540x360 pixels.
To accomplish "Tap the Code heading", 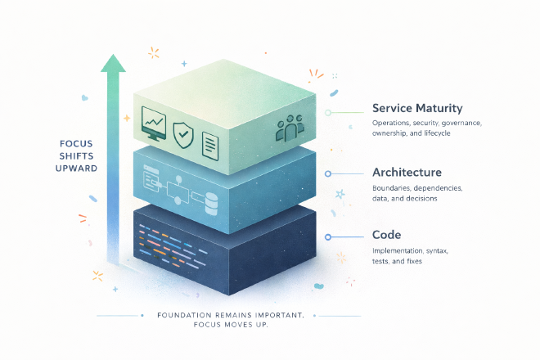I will pos(386,234).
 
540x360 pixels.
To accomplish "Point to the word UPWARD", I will pos(79,169).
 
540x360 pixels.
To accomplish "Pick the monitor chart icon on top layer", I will pos(154,123).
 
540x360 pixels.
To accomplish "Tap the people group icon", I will pos(290,126).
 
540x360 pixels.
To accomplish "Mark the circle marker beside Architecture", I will pos(327,173).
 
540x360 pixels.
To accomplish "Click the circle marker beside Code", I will pos(327,236).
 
